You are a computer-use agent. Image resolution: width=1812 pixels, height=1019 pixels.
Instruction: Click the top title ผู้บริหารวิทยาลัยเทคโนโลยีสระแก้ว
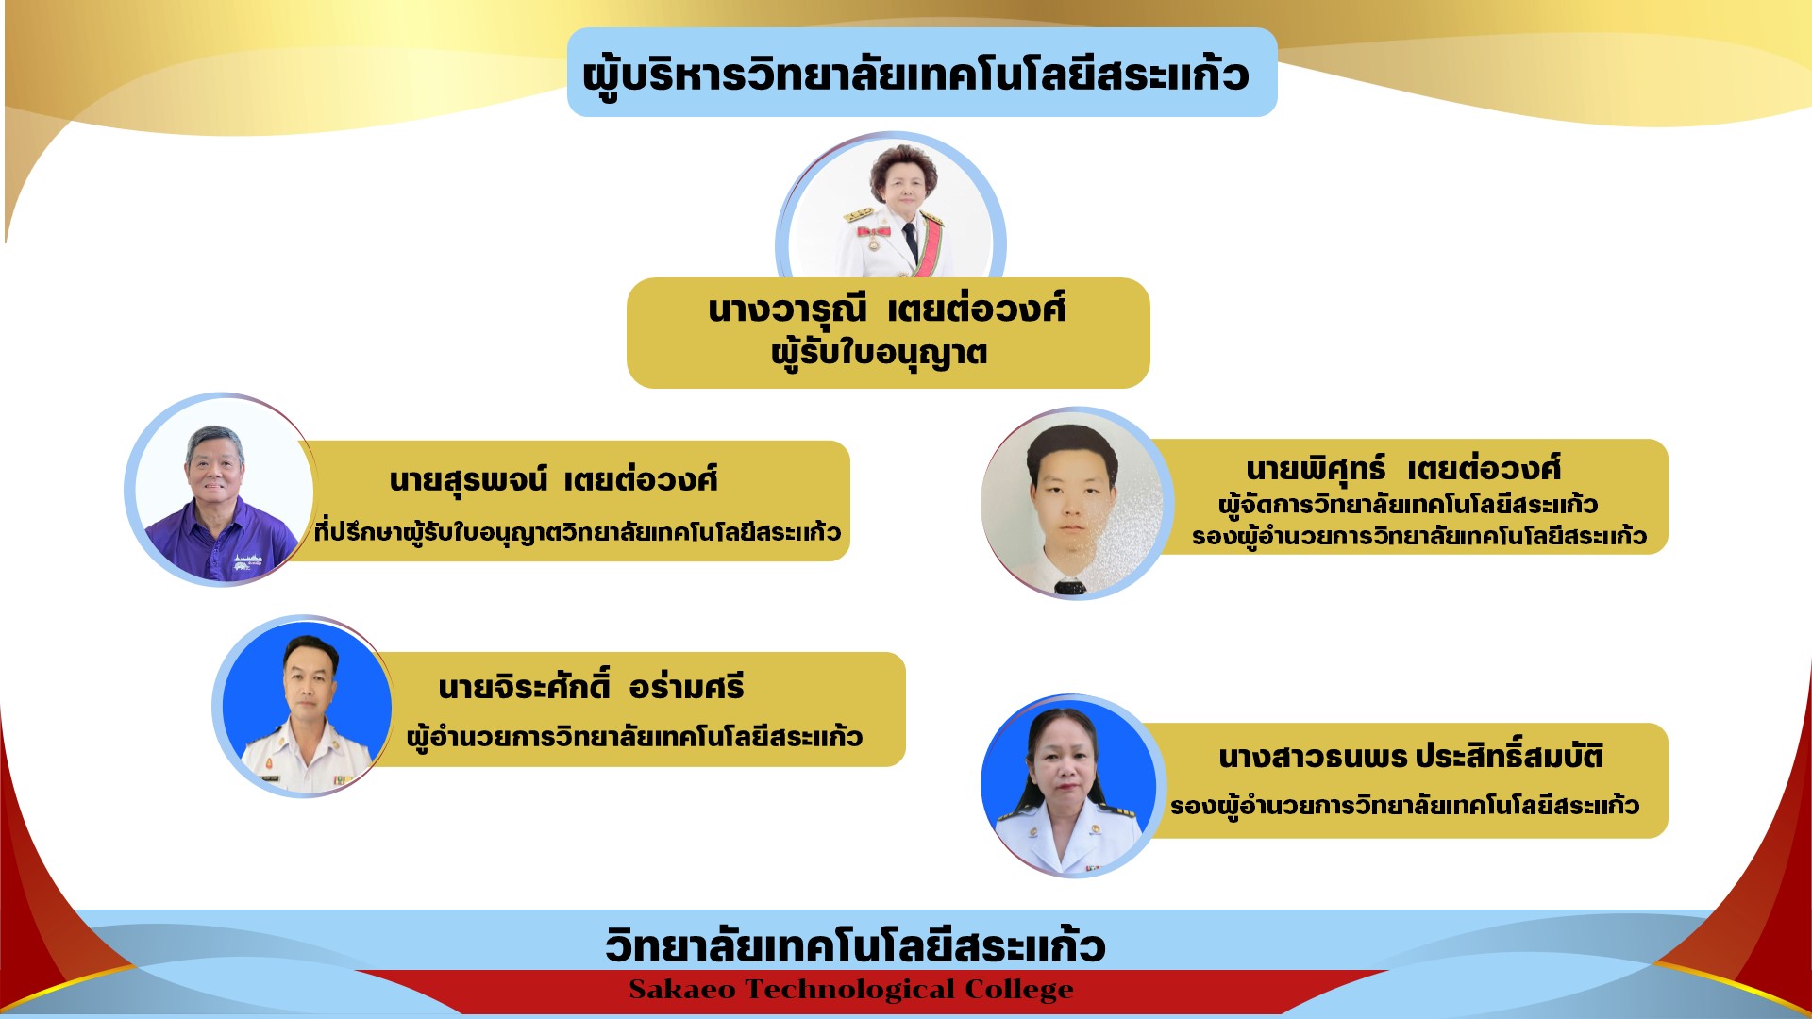(x=915, y=75)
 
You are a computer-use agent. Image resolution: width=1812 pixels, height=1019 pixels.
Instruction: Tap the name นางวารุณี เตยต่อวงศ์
(x=887, y=309)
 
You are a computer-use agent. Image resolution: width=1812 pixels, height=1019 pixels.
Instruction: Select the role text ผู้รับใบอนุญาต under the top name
(x=880, y=354)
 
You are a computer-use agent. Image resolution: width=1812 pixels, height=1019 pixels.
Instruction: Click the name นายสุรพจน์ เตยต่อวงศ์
(x=553, y=480)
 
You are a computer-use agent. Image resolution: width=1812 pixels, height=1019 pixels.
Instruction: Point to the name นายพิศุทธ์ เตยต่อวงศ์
(x=1403, y=469)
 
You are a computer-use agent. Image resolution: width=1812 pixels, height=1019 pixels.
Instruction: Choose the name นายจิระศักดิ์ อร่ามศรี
(x=592, y=686)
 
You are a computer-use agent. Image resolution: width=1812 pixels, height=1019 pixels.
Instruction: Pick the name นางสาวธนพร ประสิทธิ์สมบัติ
(x=1411, y=757)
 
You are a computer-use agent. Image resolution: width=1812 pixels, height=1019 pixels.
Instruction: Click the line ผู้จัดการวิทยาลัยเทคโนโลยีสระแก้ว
(x=1407, y=505)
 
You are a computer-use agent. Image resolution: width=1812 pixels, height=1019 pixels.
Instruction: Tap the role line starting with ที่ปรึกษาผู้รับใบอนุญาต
(x=578, y=532)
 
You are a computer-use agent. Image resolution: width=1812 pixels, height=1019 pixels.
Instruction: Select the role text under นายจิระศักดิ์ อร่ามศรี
(x=634, y=737)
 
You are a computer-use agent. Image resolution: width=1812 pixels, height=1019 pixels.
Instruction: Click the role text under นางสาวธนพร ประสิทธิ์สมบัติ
(x=1404, y=806)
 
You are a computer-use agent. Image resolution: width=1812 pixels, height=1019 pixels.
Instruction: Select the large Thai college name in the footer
(x=855, y=944)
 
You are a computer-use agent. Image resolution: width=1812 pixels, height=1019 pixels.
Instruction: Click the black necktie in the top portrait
(x=910, y=242)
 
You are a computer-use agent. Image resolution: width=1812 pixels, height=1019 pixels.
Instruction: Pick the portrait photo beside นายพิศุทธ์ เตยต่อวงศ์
(x=1075, y=504)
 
